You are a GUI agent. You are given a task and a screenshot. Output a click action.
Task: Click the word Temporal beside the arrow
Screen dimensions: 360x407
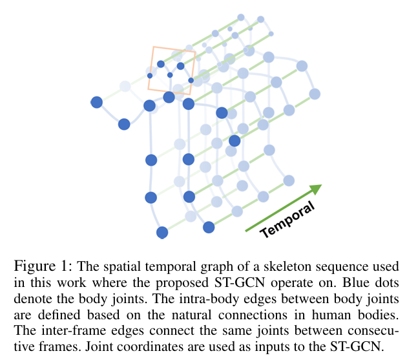pos(288,220)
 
